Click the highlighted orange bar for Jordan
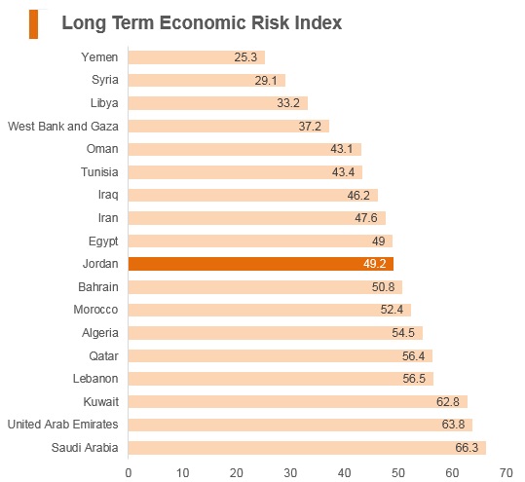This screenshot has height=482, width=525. point(261,264)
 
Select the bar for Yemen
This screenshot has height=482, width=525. point(197,57)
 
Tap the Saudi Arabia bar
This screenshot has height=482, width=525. point(307,448)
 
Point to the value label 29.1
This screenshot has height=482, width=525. point(266,81)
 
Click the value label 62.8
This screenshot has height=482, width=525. point(448,401)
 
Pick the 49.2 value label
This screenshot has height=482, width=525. point(375,264)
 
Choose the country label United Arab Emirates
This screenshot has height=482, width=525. point(63,425)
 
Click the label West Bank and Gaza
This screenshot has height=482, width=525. point(63,127)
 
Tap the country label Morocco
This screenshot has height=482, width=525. point(95,310)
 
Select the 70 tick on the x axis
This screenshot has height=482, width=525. point(506,473)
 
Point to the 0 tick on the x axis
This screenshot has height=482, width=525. point(129,473)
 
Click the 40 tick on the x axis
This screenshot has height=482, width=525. point(344,473)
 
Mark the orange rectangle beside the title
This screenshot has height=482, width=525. point(33,24)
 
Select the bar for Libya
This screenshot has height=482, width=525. point(218,103)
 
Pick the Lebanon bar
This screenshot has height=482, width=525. point(281,379)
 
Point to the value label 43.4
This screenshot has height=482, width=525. point(343,172)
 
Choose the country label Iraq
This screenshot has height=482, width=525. point(108,195)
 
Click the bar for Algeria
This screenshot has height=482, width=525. point(276,333)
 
